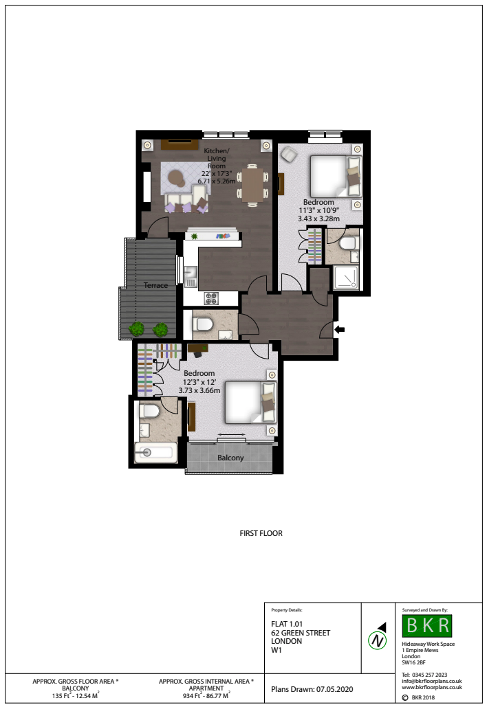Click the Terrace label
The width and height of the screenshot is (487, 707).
[x=155, y=285]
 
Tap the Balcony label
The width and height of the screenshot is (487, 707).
[x=230, y=458]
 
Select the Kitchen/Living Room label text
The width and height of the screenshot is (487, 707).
[x=217, y=158]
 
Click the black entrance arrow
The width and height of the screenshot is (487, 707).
[x=339, y=330]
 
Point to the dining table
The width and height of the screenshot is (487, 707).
[x=252, y=185]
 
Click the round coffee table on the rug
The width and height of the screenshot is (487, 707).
[x=177, y=178]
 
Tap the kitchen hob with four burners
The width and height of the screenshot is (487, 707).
[x=211, y=298]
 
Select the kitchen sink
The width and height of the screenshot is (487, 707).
[x=190, y=272]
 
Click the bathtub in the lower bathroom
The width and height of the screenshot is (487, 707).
[x=155, y=452]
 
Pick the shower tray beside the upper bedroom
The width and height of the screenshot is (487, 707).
[x=347, y=278]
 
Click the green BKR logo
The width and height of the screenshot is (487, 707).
[x=426, y=625]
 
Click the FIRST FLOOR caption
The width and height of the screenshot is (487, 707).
[x=261, y=533]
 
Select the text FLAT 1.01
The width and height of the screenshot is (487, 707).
[x=287, y=624]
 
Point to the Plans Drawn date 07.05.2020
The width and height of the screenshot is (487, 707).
[x=334, y=689]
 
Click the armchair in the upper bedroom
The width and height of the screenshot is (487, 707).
[x=289, y=155]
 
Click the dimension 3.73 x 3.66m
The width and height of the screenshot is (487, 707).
[x=199, y=390]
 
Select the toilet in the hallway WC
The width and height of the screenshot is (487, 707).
[x=204, y=324]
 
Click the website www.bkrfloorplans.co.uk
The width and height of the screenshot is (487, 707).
[x=432, y=688]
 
